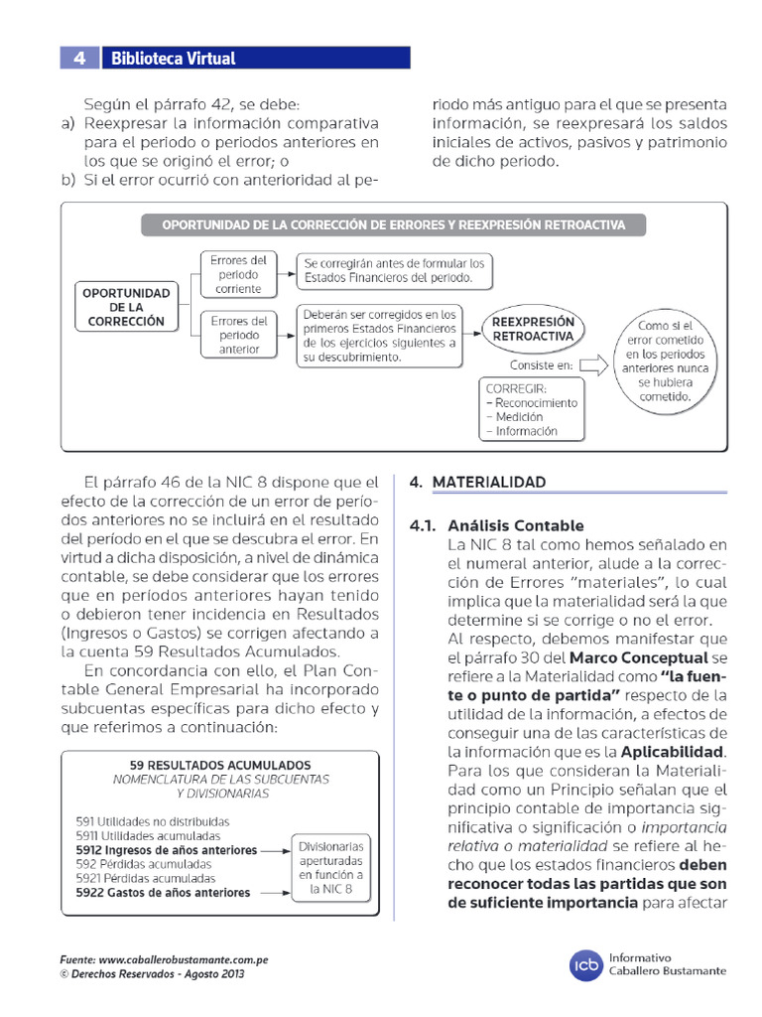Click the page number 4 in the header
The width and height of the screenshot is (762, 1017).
(x=79, y=59)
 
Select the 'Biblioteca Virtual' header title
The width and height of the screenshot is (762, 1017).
(x=173, y=59)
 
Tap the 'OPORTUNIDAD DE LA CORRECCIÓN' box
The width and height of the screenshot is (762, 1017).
(x=126, y=308)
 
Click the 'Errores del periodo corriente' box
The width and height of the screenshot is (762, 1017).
(x=238, y=274)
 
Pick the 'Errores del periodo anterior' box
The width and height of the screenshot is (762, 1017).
(x=238, y=335)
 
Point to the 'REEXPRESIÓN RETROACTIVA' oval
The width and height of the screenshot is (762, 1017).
(x=533, y=330)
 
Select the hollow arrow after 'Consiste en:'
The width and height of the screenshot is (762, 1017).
(x=592, y=365)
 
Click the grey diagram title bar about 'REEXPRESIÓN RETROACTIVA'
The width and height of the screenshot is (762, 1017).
(x=395, y=225)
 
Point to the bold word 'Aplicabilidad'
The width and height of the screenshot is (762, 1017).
(x=674, y=751)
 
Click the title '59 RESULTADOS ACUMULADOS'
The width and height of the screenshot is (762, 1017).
(x=220, y=765)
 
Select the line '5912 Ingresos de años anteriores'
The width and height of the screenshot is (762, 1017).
(x=166, y=850)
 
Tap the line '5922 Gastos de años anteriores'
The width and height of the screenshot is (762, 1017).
(x=163, y=893)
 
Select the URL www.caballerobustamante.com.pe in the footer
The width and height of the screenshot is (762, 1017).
(x=184, y=960)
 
